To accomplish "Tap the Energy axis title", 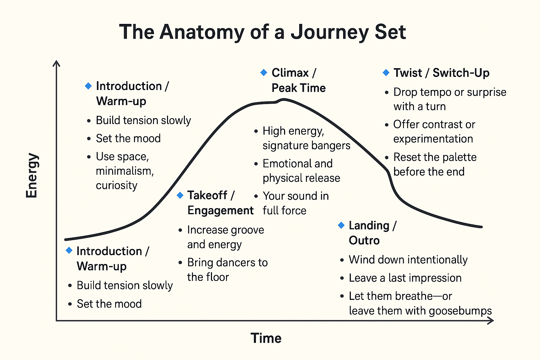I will click(32, 175).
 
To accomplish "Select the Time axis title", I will click(266, 338).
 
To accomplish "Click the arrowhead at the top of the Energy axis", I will click(56, 63).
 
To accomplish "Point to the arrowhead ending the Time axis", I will click(491, 321).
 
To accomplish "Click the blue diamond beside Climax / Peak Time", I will click(264, 72).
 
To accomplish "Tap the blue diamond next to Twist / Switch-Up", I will click(386, 72).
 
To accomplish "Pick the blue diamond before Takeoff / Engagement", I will click(180, 195).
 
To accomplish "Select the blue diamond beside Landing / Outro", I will click(341, 225).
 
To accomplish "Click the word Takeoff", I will click(207, 195).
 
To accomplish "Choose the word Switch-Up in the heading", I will click(461, 73).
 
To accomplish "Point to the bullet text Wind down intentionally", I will click(408, 260).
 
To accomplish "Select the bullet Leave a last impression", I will click(405, 278).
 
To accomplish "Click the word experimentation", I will click(433, 139).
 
